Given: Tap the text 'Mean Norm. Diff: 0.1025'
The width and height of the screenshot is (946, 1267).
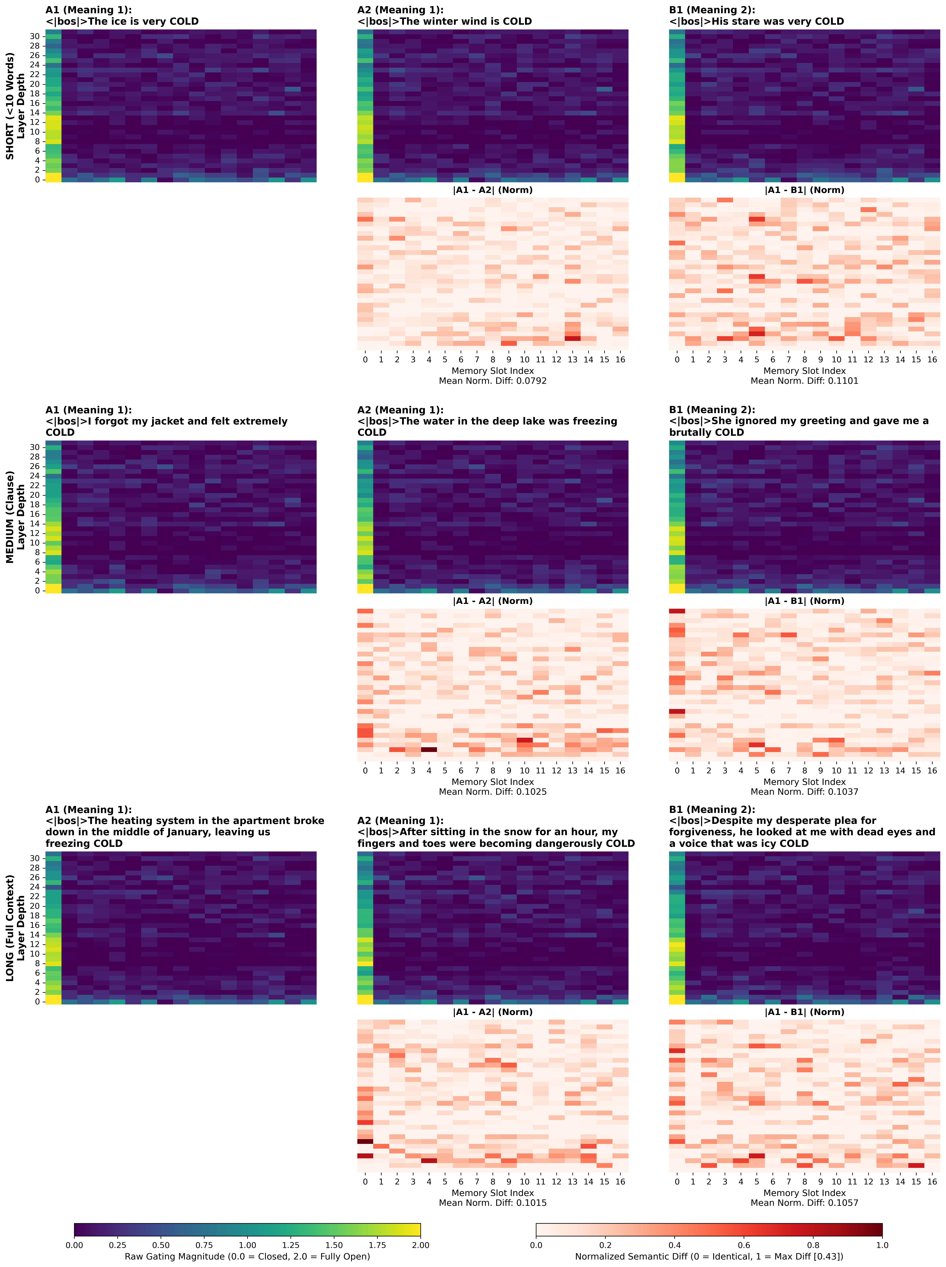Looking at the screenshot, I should [x=492, y=792].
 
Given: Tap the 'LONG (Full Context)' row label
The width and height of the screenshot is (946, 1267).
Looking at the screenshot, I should [x=10, y=928].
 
